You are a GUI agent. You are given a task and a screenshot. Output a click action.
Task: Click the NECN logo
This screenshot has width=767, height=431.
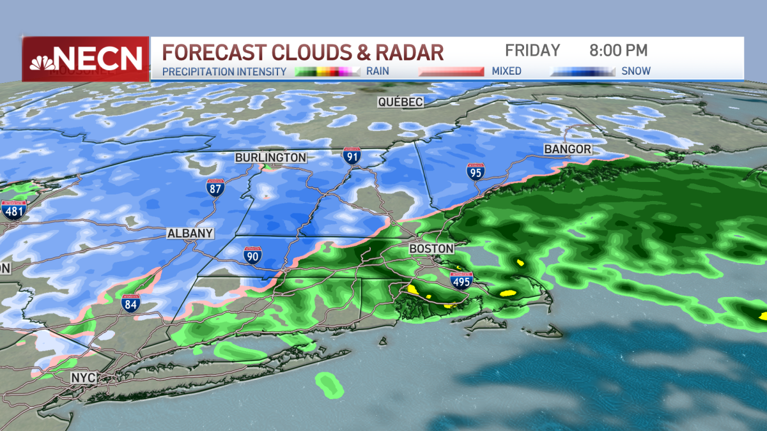pos(86,59)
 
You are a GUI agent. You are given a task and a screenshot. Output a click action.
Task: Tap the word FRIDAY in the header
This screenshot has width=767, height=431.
pos(532,50)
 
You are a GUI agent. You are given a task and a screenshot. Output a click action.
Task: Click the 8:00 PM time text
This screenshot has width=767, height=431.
pos(618,50)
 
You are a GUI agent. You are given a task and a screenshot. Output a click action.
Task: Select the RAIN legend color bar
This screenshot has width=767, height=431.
pos(327,72)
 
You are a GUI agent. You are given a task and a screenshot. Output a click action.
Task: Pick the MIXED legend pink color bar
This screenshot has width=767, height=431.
pos(451,72)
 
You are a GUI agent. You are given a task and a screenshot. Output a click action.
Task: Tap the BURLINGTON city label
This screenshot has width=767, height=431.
pos(270,158)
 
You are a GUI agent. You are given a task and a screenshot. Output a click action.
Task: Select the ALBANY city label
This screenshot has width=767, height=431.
pos(190,234)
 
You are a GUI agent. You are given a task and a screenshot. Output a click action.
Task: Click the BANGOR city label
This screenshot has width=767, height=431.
pos(568,149)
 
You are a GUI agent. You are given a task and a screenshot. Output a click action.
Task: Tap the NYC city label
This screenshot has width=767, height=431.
pos(84,378)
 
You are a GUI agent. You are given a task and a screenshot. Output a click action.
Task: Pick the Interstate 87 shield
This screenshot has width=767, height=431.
pos(215,188)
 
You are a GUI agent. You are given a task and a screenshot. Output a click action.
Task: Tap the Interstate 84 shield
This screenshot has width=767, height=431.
pos(131,303)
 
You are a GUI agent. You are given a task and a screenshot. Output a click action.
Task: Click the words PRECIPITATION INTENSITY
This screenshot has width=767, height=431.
pos(224,72)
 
